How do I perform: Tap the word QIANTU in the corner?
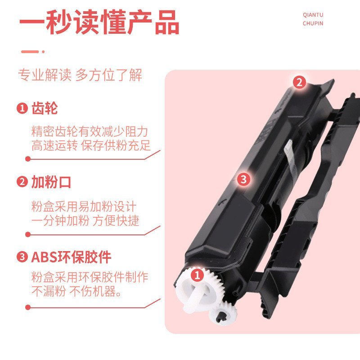tap(313, 14)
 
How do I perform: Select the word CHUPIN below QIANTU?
tap(313, 23)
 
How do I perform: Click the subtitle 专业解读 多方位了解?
tap(80, 75)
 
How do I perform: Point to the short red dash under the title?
tap(30, 52)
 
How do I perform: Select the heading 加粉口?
tap(51, 183)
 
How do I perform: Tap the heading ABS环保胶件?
tap(71, 257)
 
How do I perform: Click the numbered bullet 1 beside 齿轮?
tap(22, 108)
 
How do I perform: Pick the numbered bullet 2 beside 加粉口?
tap(22, 183)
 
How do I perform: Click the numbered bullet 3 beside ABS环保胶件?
tap(22, 257)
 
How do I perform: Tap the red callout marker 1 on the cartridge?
tap(197, 274)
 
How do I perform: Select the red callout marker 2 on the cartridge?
tap(300, 82)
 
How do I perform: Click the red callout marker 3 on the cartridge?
tap(243, 180)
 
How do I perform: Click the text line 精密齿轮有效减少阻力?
tap(90, 132)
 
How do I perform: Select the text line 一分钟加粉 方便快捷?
tap(85, 220)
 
